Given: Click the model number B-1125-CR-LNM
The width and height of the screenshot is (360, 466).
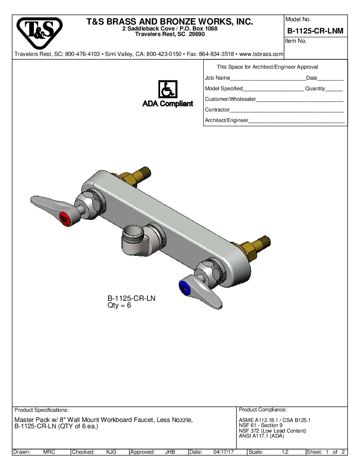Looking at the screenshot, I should (x=315, y=31).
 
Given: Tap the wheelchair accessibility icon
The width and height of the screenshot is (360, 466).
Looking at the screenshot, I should (x=168, y=90).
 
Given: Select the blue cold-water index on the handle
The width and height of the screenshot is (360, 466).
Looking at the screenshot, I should (x=185, y=287).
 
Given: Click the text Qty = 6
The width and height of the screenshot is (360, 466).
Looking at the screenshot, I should (x=119, y=305).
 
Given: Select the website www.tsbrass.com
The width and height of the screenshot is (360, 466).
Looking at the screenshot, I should (x=261, y=54).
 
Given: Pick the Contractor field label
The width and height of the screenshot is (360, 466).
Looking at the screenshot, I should (x=217, y=110).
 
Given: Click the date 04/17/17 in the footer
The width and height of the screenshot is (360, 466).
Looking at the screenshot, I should (x=224, y=452).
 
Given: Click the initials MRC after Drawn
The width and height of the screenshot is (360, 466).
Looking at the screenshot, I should (x=49, y=452).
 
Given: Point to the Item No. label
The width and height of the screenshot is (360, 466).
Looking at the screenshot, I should (x=296, y=41).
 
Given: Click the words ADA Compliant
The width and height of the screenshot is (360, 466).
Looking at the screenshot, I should (x=168, y=104).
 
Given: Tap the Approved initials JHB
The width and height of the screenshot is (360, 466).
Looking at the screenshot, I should (x=170, y=452).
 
